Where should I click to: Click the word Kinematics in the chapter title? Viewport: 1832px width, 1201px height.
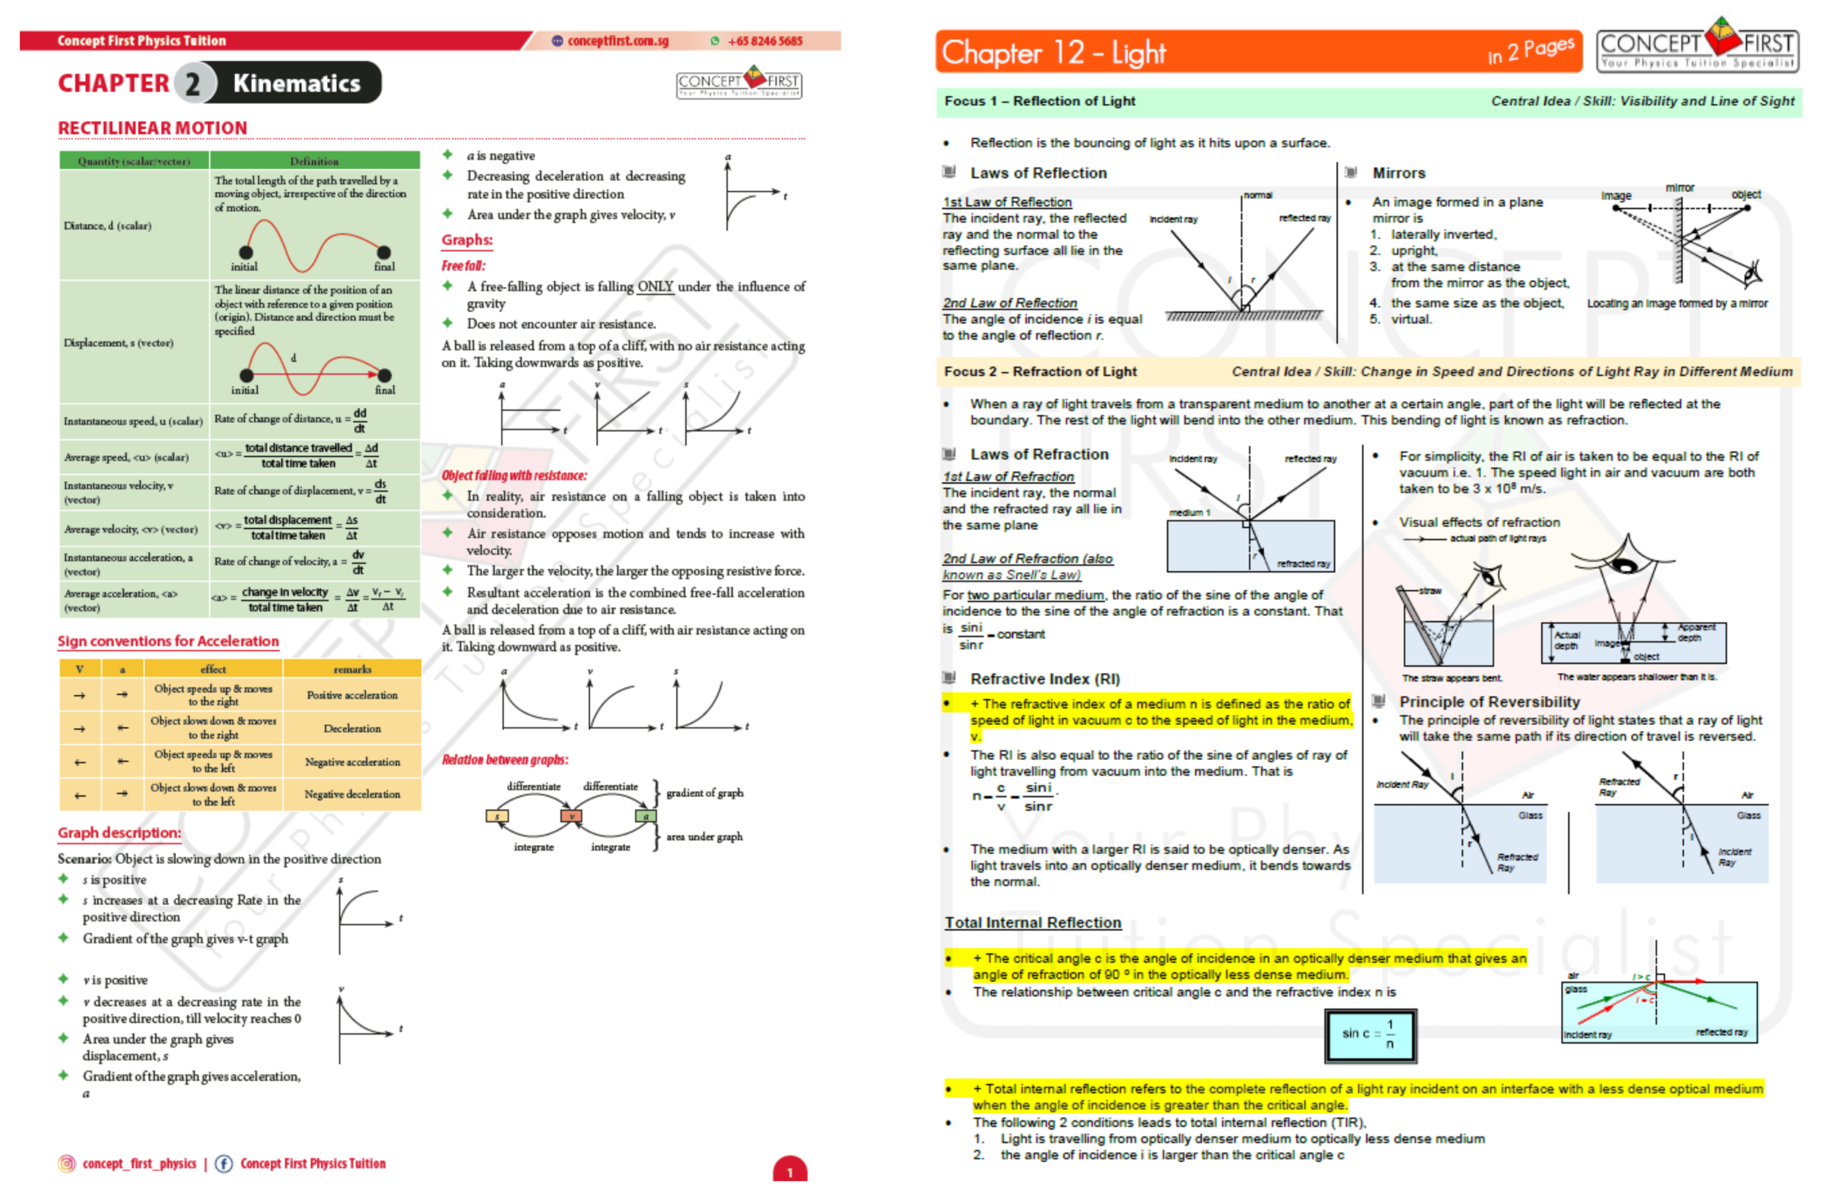point(296,83)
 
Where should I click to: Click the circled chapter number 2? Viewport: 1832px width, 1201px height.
point(192,83)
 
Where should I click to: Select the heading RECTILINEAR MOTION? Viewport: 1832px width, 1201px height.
point(152,127)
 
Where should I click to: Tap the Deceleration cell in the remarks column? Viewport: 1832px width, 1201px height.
point(352,728)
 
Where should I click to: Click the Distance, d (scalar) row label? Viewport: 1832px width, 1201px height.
point(108,226)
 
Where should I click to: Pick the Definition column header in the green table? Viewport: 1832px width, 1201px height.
point(314,161)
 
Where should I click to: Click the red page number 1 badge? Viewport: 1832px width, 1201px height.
point(789,1170)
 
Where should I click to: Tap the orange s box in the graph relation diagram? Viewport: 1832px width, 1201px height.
point(497,816)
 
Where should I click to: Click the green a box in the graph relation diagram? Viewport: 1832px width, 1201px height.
point(645,816)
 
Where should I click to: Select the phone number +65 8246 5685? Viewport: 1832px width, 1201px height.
point(764,41)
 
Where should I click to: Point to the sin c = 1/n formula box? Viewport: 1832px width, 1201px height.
point(1370,1035)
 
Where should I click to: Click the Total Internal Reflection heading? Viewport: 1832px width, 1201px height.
point(1033,922)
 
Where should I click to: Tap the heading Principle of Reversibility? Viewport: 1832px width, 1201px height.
point(1489,701)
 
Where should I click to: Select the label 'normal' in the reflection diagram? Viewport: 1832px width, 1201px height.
point(1257,195)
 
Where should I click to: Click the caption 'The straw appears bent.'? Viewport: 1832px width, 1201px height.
point(1451,678)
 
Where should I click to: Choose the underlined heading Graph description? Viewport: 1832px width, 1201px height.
point(119,833)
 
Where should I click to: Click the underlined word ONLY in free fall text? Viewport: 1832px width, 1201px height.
point(654,286)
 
